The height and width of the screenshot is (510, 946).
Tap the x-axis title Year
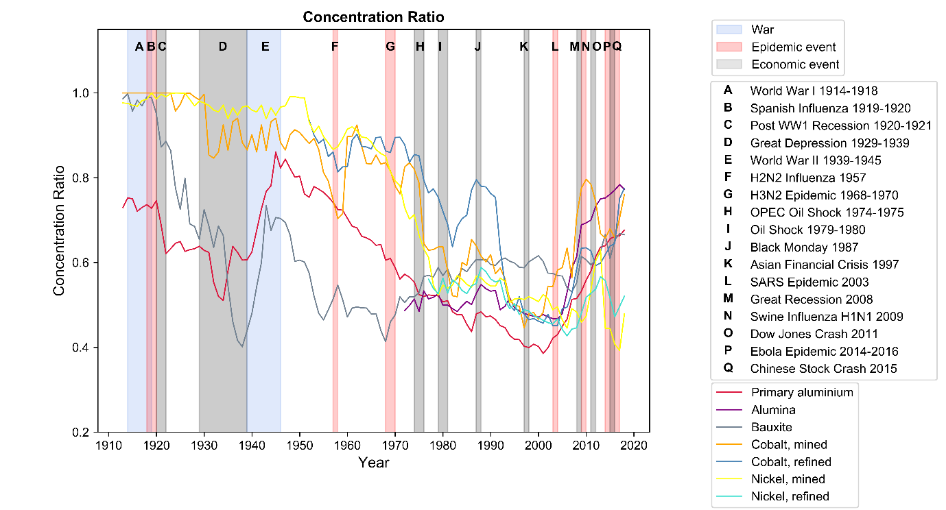[x=374, y=463]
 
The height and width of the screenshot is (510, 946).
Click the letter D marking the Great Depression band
[x=222, y=47]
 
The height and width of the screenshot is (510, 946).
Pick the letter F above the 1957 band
[x=335, y=47]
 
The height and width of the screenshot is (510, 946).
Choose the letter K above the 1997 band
[x=524, y=47]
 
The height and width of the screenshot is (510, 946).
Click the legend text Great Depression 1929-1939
[x=829, y=143]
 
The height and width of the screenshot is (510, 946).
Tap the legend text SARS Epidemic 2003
[x=809, y=282]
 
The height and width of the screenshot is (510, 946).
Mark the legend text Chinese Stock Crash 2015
[x=823, y=369]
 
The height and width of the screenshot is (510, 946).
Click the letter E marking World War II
[x=265, y=47]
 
